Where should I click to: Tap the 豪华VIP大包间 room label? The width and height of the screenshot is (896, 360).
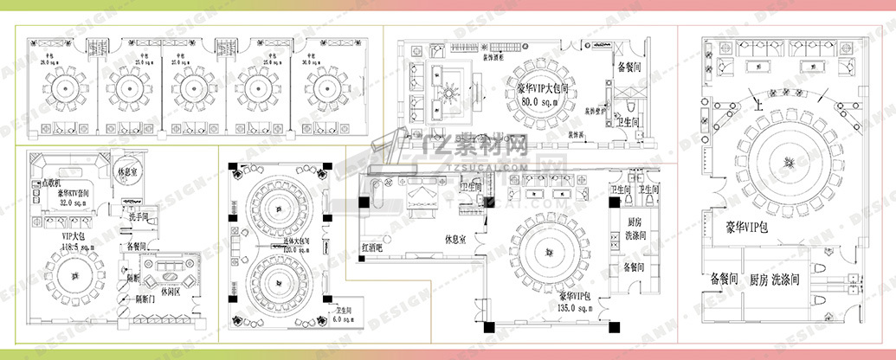(x=542, y=88)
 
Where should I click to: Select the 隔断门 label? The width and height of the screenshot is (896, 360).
(x=145, y=299)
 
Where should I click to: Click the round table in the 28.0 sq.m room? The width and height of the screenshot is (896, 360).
(x=65, y=87)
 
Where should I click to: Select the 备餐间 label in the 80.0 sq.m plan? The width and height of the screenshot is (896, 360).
(x=628, y=65)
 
